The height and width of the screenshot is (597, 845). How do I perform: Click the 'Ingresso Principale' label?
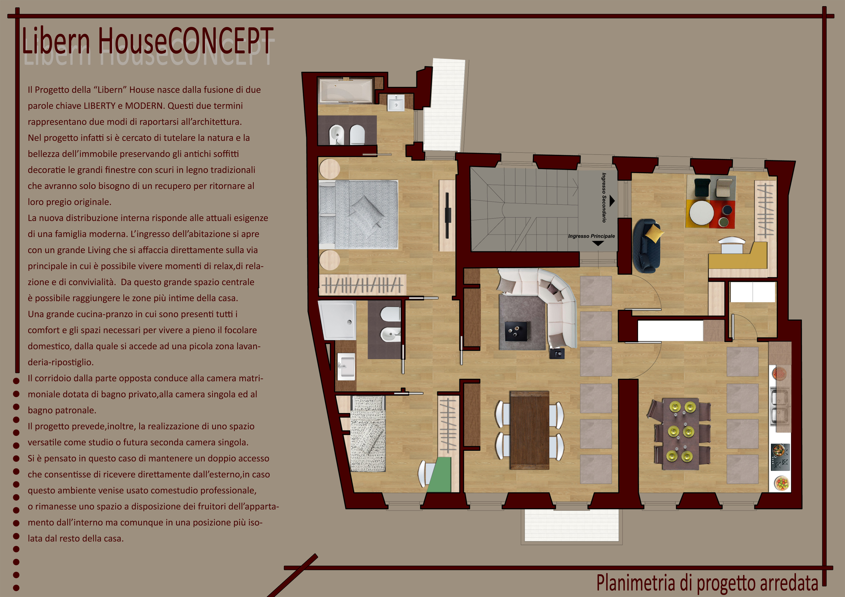tap(592, 236)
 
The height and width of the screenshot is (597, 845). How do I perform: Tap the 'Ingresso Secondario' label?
tap(604, 198)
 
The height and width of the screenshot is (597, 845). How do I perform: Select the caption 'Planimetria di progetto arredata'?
tap(707, 583)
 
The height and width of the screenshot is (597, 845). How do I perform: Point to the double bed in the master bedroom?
tap(358, 215)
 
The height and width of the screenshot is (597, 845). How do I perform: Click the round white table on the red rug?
tap(701, 212)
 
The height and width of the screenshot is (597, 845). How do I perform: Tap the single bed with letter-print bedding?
tap(368, 434)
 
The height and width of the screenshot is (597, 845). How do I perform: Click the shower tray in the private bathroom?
tap(338, 320)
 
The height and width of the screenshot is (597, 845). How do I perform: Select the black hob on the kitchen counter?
tap(780, 457)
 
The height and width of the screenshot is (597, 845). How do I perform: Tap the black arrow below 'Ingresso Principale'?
tap(598, 243)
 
